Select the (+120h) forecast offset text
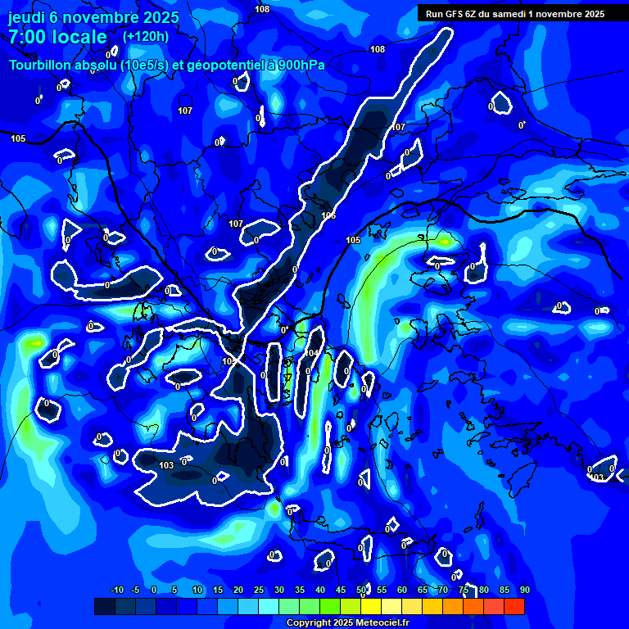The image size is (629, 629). [x=146, y=36]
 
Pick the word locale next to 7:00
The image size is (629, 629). [x=84, y=37]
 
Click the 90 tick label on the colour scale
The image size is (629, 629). [x=524, y=590]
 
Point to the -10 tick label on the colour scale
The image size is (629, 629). [x=116, y=590]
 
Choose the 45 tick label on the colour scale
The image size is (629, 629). [x=341, y=590]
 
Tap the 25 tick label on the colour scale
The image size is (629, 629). [x=259, y=590]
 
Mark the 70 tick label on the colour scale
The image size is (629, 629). [x=443, y=590]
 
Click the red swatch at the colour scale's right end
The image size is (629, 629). [x=514, y=606]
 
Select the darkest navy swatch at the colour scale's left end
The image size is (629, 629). [x=105, y=606]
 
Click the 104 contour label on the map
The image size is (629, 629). [x=311, y=353]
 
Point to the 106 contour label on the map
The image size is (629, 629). [x=329, y=215]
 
